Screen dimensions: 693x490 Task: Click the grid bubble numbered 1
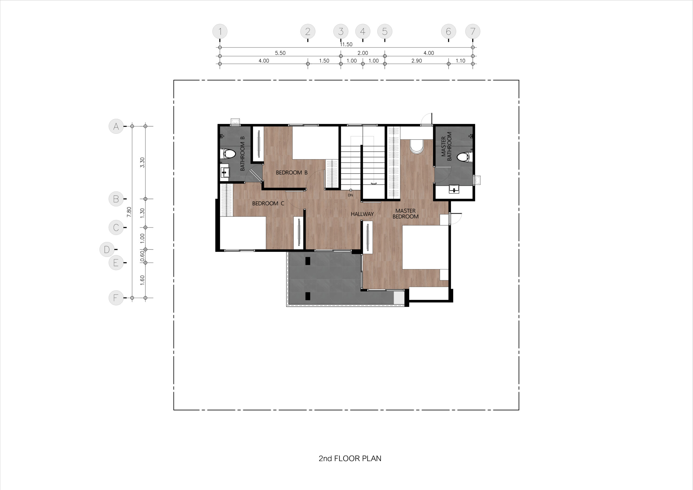(x=220, y=31)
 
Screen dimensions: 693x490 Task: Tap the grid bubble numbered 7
(x=473, y=31)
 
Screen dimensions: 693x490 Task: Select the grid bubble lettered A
(x=116, y=126)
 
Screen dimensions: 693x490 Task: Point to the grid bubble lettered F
(x=116, y=298)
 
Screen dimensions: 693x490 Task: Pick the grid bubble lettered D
(x=107, y=249)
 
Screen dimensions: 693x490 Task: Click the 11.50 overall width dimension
(x=346, y=44)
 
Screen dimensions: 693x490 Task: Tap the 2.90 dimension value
(x=417, y=61)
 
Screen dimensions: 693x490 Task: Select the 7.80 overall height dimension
(x=129, y=212)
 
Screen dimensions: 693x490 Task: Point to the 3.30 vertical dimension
(x=142, y=163)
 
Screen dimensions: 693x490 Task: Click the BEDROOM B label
(x=292, y=173)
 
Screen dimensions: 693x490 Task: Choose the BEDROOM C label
(x=268, y=204)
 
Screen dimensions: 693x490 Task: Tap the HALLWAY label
(x=362, y=214)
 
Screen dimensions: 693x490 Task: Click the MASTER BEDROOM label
(x=405, y=214)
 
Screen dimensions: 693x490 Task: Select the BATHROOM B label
(x=242, y=154)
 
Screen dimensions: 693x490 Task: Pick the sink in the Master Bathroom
(x=454, y=189)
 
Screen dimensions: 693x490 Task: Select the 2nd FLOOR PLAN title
(x=350, y=458)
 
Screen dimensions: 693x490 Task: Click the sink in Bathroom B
(x=225, y=172)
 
